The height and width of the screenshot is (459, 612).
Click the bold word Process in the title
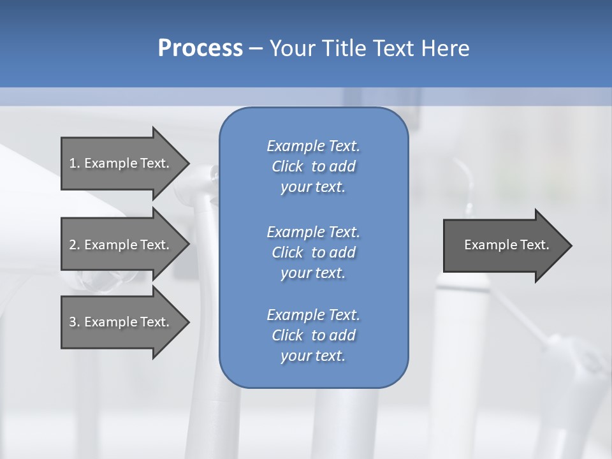200,48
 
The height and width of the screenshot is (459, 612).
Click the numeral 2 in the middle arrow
72,245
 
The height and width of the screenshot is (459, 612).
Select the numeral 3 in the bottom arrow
72,322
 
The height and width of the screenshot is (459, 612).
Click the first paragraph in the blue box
313,166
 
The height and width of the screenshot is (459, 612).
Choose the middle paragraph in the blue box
313,252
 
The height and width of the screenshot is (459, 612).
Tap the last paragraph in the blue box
313,335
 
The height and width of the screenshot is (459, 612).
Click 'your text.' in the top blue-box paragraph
313,187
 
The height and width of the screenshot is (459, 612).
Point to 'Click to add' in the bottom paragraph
313,335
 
